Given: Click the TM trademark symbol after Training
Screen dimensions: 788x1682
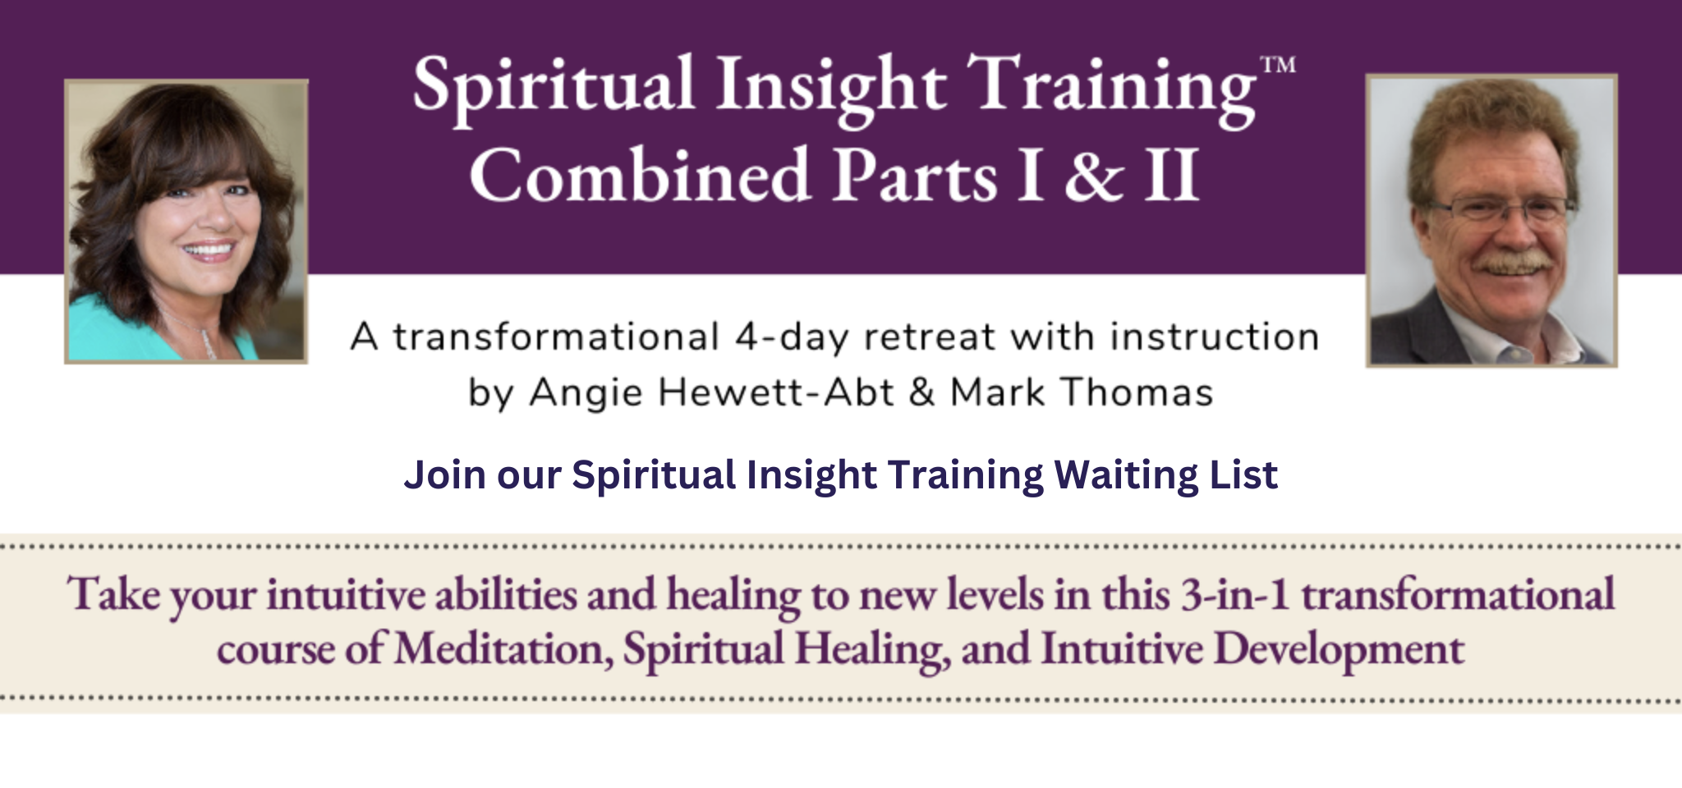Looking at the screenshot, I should click(x=1278, y=65).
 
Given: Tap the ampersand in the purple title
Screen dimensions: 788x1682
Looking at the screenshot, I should click(x=1093, y=176).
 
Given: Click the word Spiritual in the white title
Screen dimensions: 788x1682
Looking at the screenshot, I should click(x=553, y=86).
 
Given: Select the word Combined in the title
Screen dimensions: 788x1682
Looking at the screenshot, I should click(x=640, y=175).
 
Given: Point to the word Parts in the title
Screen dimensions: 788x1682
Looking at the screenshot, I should click(x=915, y=176).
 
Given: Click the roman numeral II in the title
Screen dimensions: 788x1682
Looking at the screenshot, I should click(x=1172, y=175).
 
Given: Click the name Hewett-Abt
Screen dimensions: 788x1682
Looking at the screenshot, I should click(x=776, y=392).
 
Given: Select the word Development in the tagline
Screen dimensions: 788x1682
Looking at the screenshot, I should click(x=1338, y=649).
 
